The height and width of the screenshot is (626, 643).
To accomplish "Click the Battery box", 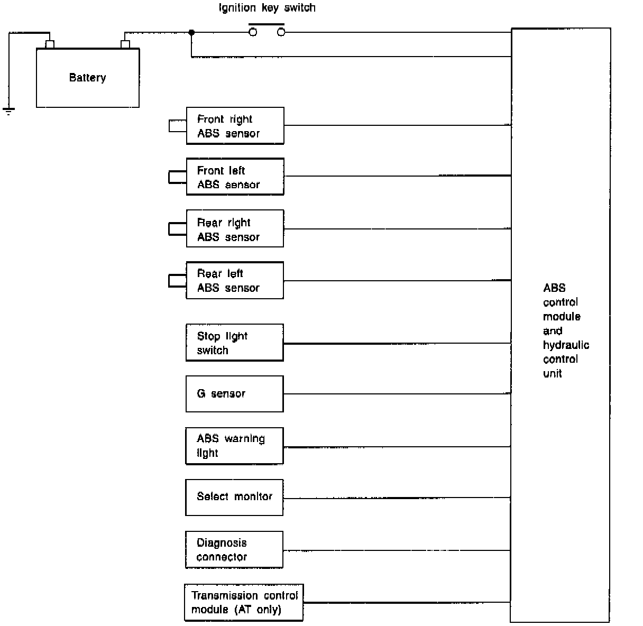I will tap(87, 78).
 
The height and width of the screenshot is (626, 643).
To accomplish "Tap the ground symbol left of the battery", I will tap(8, 111).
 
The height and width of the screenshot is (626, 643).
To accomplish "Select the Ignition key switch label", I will tap(267, 8).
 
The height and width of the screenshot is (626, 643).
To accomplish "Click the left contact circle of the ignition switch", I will tap(253, 32).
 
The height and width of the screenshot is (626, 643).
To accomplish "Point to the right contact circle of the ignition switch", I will tap(281, 32).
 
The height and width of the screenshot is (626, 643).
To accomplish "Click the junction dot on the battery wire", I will tap(191, 32).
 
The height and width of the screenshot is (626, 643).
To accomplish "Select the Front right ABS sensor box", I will tap(235, 126).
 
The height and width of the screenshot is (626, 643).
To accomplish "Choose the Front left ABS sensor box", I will tap(235, 177).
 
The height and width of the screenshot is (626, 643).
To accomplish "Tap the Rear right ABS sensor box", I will tap(235, 228).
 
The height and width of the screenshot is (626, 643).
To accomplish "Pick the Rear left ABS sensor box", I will tap(235, 280).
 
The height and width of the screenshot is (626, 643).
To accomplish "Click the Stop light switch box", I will tap(235, 343).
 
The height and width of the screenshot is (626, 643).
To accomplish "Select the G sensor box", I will tap(235, 394).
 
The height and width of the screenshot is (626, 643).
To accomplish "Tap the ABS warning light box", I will tap(235, 446).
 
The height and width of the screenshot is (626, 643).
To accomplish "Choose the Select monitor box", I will tap(235, 497).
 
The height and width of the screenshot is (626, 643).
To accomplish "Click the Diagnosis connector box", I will tap(235, 549).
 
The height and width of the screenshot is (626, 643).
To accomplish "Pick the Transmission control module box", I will tap(244, 602).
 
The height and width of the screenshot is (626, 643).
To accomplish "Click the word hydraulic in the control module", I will tap(566, 345).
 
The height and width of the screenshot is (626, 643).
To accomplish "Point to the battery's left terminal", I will tap(50, 44).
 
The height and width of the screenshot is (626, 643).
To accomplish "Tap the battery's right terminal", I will tap(125, 44).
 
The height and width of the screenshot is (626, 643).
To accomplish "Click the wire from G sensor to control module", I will tap(397, 394).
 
